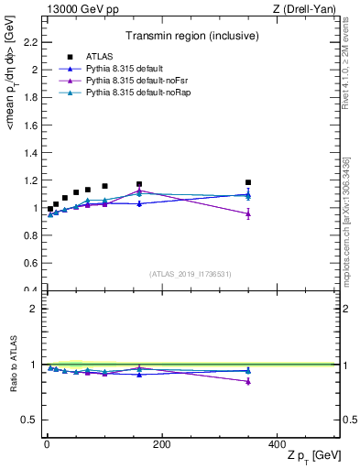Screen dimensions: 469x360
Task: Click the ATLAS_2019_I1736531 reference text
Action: click(190, 273)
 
